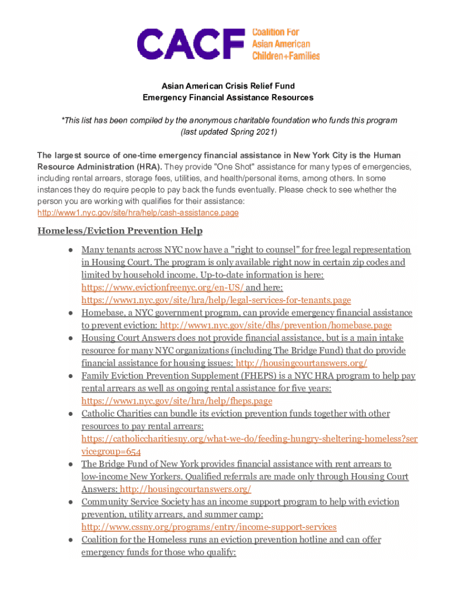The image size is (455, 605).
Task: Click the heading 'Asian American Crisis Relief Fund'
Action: click(227, 86)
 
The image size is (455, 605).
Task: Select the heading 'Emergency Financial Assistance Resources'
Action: click(227, 97)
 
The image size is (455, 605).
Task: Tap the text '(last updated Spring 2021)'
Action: click(228, 132)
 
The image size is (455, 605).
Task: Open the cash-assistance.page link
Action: click(138, 213)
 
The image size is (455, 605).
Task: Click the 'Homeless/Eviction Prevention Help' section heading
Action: click(120, 230)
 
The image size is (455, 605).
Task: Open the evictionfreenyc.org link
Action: click(162, 288)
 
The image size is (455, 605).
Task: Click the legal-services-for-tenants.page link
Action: click(216, 300)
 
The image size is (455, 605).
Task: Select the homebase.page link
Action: click(276, 326)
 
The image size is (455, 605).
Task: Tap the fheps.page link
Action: click(177, 401)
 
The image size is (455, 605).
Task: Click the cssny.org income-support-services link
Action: click(209, 527)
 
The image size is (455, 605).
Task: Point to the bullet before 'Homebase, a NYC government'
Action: click(70, 313)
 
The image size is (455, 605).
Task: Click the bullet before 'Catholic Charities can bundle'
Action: click(70, 414)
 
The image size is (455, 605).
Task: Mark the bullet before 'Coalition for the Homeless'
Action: click(70, 540)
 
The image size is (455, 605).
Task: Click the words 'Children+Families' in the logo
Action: click(286, 56)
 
